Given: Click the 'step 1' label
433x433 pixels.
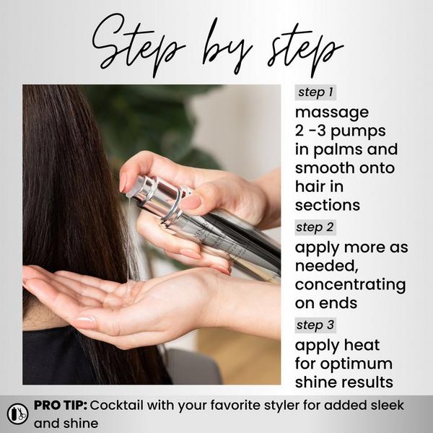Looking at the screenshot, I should (315, 93).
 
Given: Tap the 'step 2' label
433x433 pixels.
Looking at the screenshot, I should (315, 227).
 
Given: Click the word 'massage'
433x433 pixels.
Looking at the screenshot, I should (332, 113).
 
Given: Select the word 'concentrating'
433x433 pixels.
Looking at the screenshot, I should (350, 284).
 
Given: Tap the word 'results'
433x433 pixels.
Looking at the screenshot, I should (365, 382).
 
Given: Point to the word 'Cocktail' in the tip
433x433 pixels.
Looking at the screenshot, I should (115, 405).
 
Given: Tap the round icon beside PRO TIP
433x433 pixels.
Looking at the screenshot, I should (17, 413).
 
